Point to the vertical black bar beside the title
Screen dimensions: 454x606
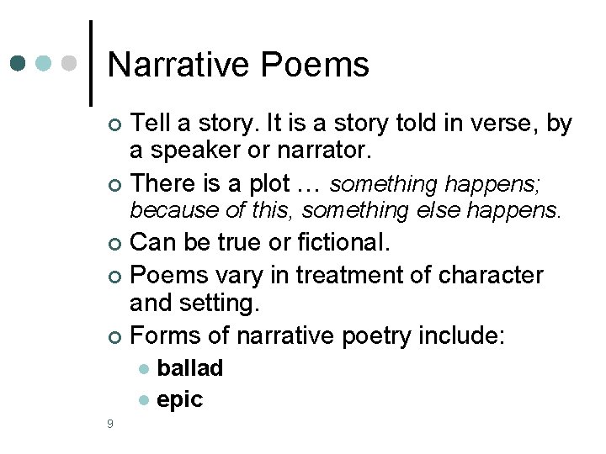90,63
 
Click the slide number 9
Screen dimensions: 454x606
110,424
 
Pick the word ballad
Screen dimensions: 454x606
190,368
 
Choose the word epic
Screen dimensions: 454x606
179,399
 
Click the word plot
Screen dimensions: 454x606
295,182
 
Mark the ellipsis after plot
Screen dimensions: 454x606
316,183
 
